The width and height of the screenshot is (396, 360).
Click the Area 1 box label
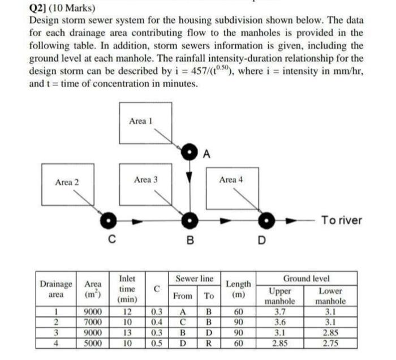pyautogui.click(x=141, y=121)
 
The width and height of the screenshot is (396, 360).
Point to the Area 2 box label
pyautogui.click(x=67, y=182)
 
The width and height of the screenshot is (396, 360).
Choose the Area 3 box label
pyautogui.click(x=146, y=179)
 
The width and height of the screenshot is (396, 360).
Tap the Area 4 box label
pyautogui.click(x=231, y=179)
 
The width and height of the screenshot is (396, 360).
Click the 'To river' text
pyautogui.click(x=341, y=220)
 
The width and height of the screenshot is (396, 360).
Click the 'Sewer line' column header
pyautogui.click(x=194, y=280)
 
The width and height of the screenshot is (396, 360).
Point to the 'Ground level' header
pyautogui.click(x=306, y=279)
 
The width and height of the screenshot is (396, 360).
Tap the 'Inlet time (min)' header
pyautogui.click(x=128, y=289)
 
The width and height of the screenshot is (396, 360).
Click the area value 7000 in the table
pyautogui.click(x=93, y=322)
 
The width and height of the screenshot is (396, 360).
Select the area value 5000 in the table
pyautogui.click(x=93, y=342)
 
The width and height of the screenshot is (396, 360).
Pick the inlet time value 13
pyautogui.click(x=128, y=332)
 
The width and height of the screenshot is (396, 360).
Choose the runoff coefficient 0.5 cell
pyautogui.click(x=157, y=342)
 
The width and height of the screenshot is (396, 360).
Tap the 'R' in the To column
pyautogui.click(x=209, y=342)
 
